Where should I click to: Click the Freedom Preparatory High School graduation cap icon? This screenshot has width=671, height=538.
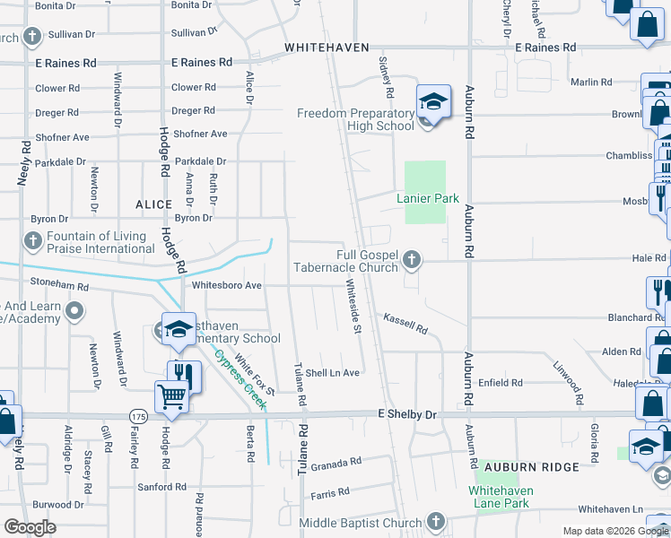coord(431,100)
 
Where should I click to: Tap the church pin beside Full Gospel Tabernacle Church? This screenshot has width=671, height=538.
coord(412,260)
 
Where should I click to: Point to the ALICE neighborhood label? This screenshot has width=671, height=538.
coord(153,204)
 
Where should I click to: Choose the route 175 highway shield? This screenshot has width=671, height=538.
coord(137,416)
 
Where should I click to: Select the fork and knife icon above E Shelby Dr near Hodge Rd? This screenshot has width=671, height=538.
coord(185,375)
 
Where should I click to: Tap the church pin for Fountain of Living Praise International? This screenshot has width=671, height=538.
coord(32,241)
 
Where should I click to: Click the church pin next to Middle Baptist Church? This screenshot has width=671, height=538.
coord(435,521)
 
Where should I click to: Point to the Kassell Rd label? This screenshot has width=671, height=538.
coord(405,322)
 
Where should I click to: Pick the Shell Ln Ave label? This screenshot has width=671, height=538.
coord(332,373)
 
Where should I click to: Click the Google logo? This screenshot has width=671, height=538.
coord(30,527)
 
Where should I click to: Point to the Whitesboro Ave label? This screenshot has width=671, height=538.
coord(227,285)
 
